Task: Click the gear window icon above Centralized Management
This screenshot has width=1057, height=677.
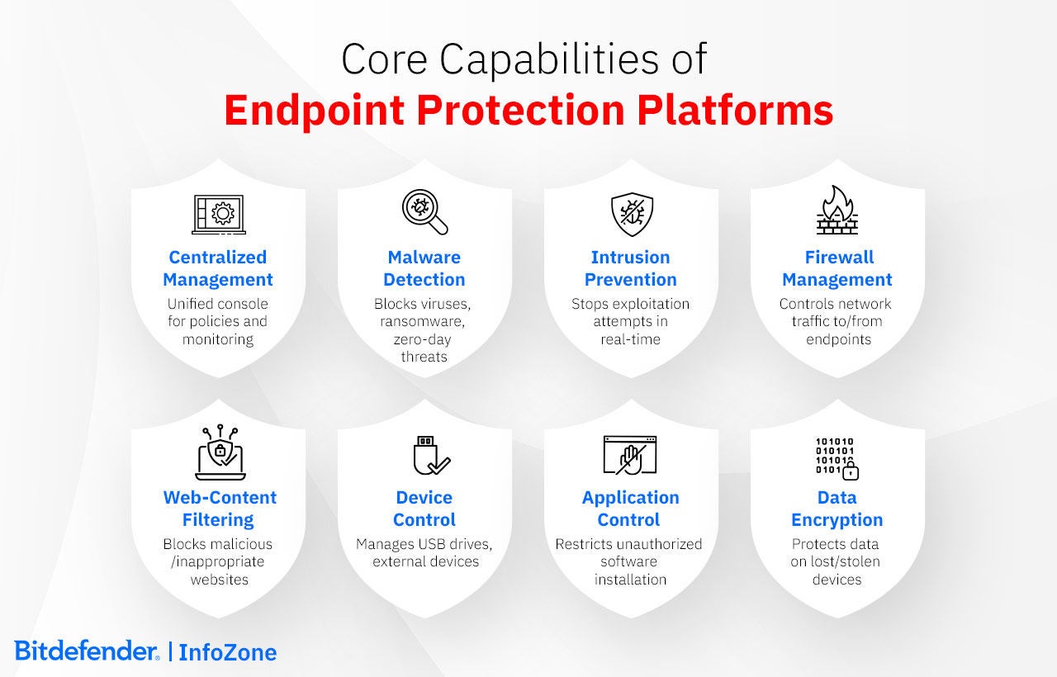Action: [218, 214]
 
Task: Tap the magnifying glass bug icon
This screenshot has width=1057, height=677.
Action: [424, 212]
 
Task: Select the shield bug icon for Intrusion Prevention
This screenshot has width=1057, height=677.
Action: [631, 214]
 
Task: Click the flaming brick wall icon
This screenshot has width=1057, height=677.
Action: [837, 211]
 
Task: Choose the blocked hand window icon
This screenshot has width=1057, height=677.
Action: [630, 455]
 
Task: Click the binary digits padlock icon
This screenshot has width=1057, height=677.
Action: [837, 457]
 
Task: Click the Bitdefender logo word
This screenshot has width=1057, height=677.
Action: [86, 651]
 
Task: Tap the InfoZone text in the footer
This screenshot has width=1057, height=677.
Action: [228, 652]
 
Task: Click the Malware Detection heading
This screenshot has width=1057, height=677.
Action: [424, 268]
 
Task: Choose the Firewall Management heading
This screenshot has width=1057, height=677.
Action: [837, 268]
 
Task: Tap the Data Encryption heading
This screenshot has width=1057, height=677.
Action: [837, 509]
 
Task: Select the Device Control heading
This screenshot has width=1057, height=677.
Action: [424, 509]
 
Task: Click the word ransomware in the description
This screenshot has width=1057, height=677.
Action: [424, 321]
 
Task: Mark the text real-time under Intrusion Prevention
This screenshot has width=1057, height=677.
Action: [630, 338]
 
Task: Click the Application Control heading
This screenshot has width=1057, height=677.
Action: [630, 509]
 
